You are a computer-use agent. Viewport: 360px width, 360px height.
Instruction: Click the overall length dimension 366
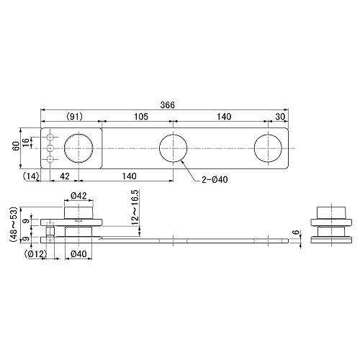168,105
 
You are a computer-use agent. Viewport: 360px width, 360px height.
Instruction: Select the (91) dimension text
74,117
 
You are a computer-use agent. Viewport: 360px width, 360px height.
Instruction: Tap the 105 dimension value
141,117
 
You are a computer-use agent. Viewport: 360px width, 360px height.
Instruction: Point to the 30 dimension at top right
280,117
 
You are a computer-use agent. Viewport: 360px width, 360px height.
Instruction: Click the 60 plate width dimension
16,145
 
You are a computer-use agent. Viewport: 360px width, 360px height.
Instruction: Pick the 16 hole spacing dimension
26,143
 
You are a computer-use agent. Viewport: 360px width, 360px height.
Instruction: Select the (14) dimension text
31,176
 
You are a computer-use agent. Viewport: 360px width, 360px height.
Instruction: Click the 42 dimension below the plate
65,176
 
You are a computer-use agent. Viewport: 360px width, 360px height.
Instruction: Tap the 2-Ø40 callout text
215,179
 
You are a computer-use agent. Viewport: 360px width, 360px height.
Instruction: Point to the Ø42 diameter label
78,196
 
